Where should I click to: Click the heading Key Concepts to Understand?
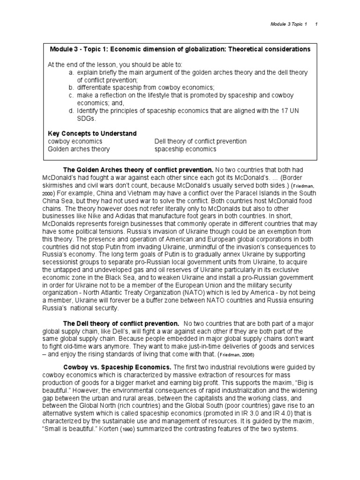[92, 134]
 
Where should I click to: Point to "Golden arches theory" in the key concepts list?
[79, 149]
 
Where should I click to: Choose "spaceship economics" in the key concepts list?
[185, 149]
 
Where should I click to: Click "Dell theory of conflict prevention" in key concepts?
[200, 141]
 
